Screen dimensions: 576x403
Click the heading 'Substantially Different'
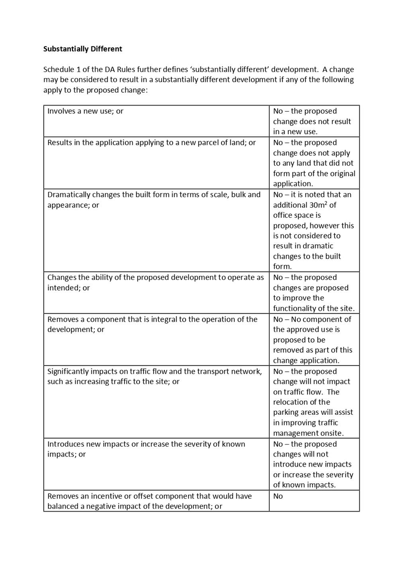tap(82, 49)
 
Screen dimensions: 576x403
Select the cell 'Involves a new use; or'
tap(85, 111)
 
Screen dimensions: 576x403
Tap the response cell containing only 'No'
tap(278, 496)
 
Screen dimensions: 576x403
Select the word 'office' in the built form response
tap(283, 215)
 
